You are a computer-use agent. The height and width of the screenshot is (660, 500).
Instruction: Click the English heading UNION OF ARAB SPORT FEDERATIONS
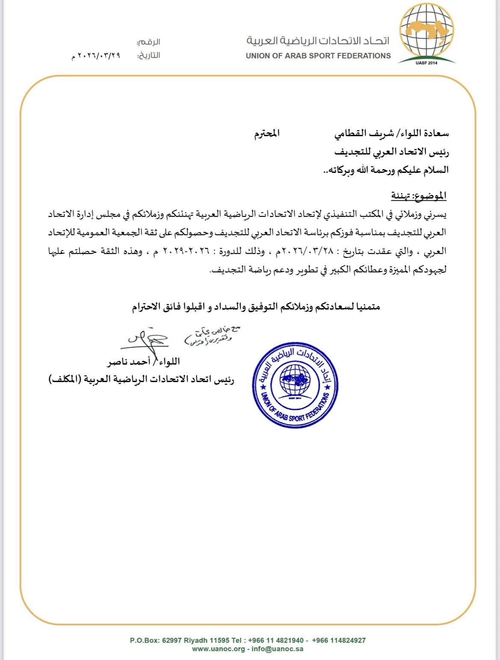pos(318,55)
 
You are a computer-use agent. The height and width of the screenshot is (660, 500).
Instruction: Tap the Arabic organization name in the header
pos(318,41)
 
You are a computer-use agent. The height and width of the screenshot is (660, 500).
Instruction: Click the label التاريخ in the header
pos(148,55)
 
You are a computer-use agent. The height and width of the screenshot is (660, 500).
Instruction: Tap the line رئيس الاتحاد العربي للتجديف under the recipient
pos(391,152)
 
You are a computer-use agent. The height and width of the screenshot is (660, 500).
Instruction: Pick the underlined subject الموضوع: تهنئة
pos(418,196)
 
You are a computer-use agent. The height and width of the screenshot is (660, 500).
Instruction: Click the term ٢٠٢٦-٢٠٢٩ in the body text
pos(183,251)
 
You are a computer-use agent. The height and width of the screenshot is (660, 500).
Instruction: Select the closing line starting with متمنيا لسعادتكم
pos(256,307)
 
